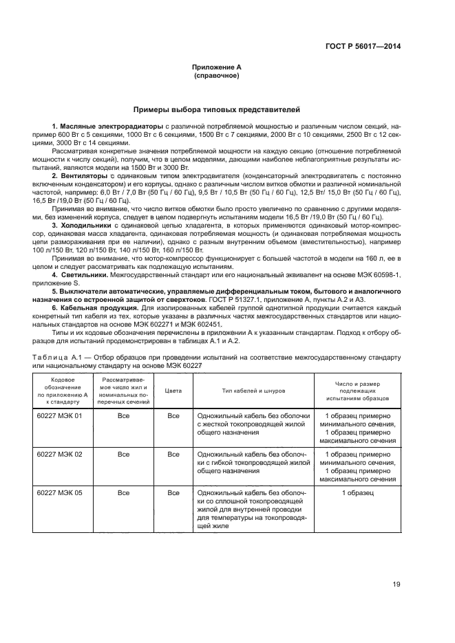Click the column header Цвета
tap(173, 390)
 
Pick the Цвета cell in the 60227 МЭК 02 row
tap(173, 455)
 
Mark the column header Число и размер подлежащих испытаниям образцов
tap(357, 390)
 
